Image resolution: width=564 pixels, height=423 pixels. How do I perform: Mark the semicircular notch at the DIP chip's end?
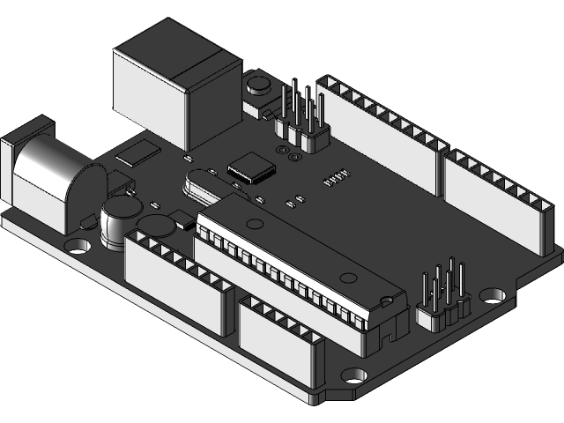click(385, 300)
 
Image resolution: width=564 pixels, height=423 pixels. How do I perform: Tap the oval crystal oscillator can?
click(198, 185)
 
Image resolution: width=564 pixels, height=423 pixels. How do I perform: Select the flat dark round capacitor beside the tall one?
click(158, 226)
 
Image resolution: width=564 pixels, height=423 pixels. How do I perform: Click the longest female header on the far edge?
click(379, 132)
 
